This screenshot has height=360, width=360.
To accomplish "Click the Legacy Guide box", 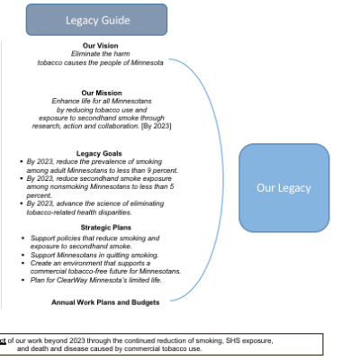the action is point(96,20).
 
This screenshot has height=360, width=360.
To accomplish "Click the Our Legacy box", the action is point(284,188).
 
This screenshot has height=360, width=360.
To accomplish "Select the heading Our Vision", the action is point(101,46).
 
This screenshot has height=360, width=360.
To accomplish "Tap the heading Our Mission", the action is point(102,93).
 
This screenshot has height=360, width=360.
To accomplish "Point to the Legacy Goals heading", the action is point(99,153).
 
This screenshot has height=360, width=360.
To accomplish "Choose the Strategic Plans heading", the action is point(106,228).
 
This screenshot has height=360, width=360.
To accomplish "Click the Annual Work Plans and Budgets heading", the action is point(105,302).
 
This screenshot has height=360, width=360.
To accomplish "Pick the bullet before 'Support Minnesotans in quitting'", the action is point(23,256).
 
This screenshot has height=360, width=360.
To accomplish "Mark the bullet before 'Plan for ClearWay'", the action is point(23,280).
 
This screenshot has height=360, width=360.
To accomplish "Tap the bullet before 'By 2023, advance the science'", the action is point(22,203).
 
